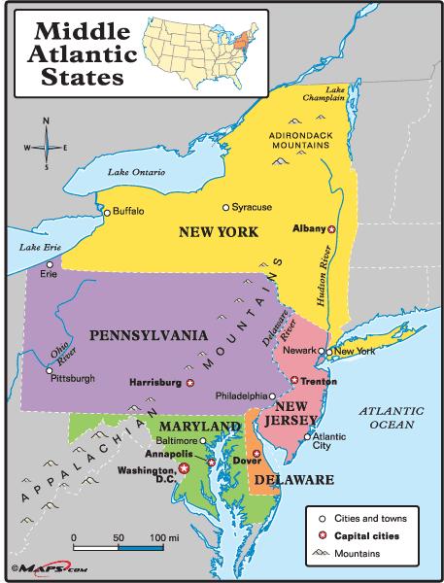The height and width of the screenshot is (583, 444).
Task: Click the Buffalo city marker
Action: pos(109,211)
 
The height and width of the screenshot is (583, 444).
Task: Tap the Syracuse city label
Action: pos(252,207)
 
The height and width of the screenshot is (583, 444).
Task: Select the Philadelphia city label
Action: pos(241,396)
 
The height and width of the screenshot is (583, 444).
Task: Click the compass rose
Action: pos(43,146)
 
